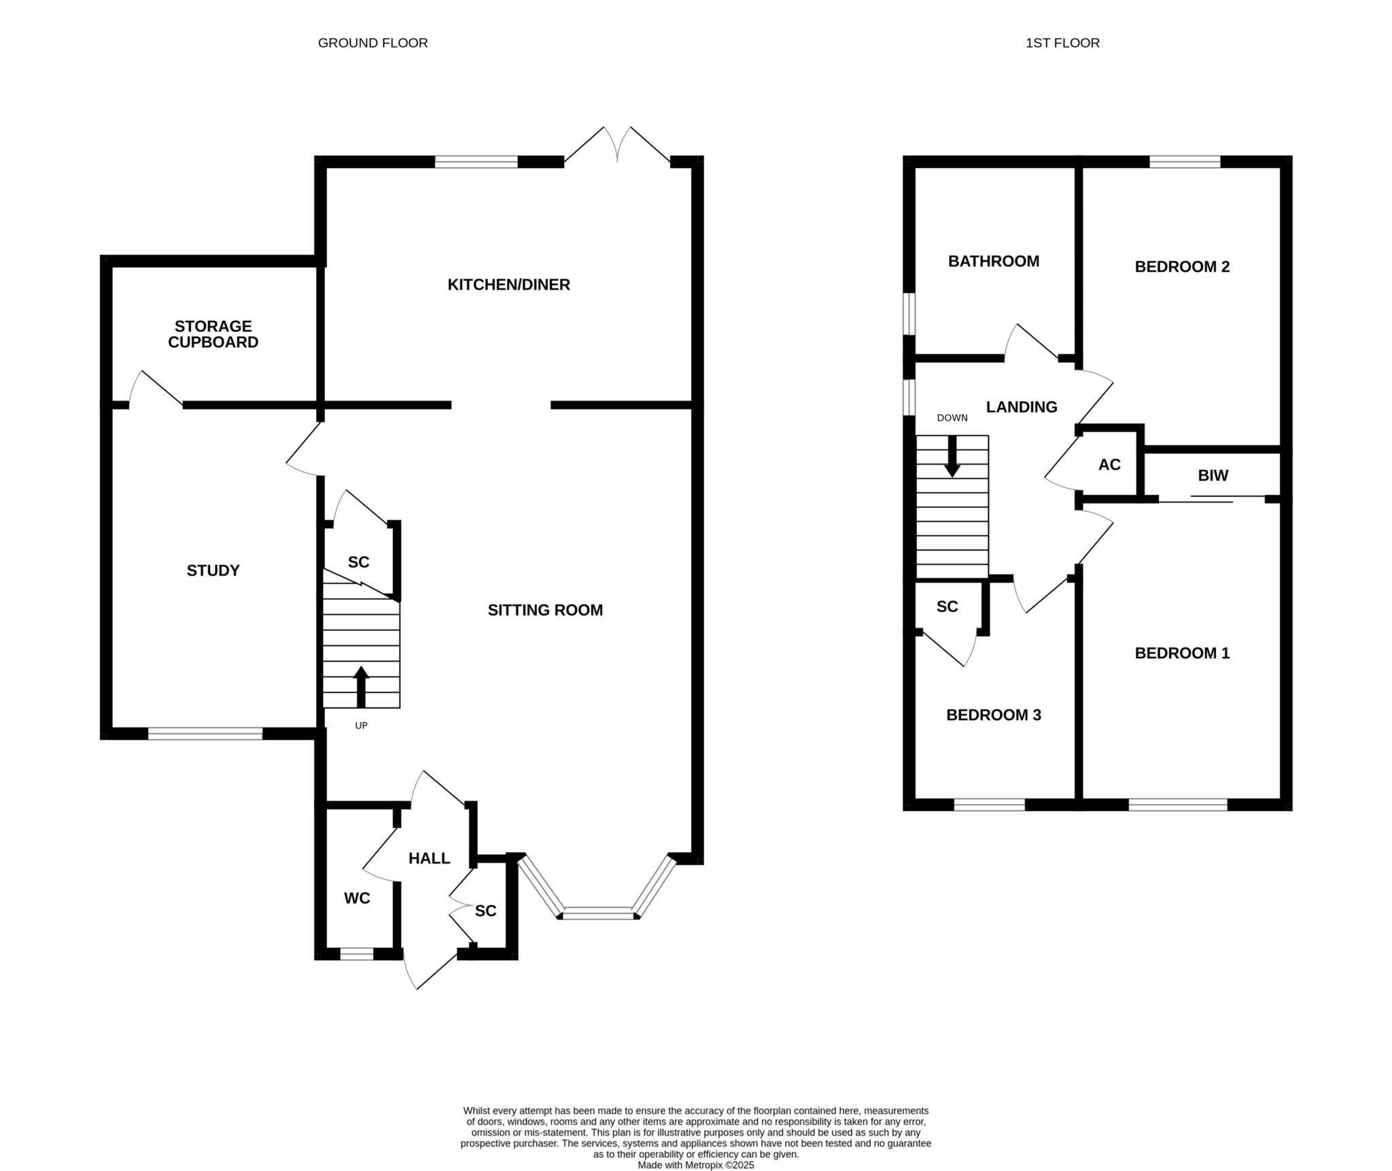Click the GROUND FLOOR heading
pos(372,43)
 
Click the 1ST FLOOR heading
pos(1062,43)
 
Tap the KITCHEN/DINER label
pos(508,285)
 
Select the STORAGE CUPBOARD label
pos(213,334)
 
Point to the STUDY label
pos(213,571)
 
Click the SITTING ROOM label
pos(545,610)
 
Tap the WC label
pos(357,898)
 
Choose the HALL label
pos(429,858)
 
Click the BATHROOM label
pos(994,261)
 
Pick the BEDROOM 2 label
pos(1182,267)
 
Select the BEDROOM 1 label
pos(1182,653)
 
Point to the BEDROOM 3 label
pos(994,715)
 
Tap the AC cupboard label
pos(1109,464)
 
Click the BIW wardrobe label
pos(1213,475)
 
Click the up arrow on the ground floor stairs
pos(361,687)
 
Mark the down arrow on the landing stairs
pos(952,456)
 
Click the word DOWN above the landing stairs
pos(952,418)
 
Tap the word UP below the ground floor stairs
pos(361,726)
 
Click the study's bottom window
pos(205,734)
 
